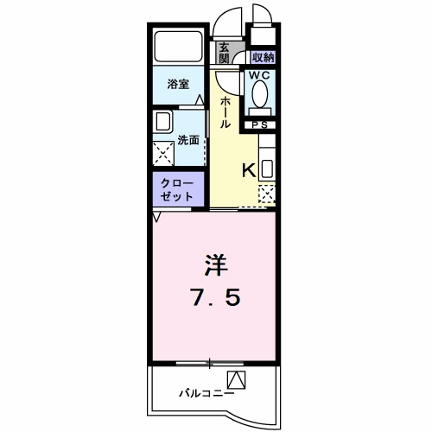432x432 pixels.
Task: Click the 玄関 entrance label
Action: pos(224,53)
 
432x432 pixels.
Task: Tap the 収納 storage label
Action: pos(263,58)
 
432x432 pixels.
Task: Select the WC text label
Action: pos(259,75)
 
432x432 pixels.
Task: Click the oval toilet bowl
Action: pos(260,94)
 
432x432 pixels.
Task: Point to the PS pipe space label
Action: pos(260,125)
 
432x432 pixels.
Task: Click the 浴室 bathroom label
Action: pos(178,84)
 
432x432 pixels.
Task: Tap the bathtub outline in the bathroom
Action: pos(179,46)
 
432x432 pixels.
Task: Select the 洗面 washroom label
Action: pos(188,140)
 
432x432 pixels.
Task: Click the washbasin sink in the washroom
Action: pos(163,121)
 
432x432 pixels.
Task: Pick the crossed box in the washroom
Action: pos(163,154)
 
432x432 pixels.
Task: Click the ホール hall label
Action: pos(225,112)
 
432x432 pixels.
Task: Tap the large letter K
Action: pos(249,170)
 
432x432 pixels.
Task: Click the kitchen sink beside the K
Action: pos(267,169)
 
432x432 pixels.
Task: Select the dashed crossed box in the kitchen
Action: pos(267,194)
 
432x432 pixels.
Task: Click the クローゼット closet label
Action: pos(177,190)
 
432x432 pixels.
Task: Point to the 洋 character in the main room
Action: pos(216,264)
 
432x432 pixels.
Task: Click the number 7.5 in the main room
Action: pos(216,297)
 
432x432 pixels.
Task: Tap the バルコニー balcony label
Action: pos(206,393)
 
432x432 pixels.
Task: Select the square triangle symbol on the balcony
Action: pos(237,380)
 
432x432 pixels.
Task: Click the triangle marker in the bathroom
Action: pos(200,99)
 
